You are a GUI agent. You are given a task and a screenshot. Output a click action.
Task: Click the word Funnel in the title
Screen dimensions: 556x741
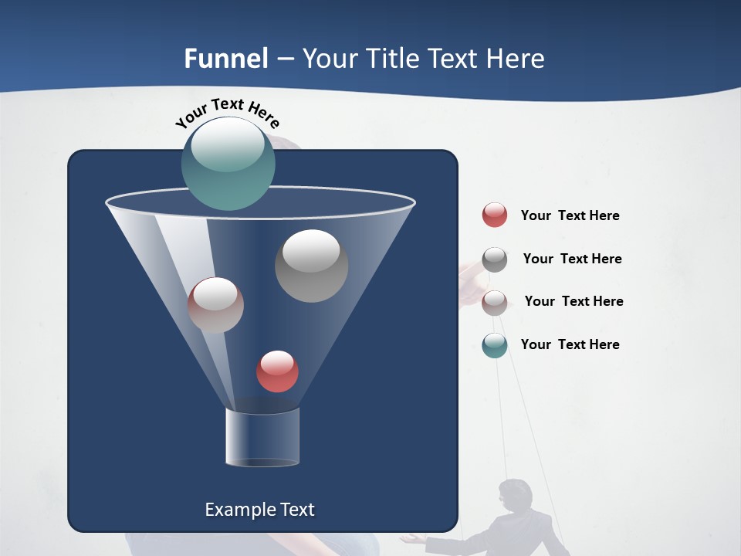226,59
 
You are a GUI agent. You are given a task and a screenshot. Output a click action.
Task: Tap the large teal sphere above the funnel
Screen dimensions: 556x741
228,163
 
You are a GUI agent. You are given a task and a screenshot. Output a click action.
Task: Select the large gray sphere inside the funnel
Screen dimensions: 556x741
311,266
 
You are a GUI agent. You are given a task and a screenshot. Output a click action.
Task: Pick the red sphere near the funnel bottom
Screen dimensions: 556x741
277,371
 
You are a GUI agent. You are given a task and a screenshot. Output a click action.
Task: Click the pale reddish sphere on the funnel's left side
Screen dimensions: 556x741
215,305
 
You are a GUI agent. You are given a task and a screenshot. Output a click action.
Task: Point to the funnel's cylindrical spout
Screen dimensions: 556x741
262,437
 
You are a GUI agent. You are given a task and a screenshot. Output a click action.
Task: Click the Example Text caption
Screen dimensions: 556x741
259,510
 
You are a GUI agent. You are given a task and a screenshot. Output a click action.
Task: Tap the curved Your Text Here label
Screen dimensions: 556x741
228,113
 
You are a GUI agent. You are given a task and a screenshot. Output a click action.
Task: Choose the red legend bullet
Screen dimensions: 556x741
495,215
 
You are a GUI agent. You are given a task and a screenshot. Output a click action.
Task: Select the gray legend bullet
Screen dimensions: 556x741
495,259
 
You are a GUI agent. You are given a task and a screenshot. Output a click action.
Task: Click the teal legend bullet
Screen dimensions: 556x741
495,345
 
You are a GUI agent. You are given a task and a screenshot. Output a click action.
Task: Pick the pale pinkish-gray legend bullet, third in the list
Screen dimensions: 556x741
495,302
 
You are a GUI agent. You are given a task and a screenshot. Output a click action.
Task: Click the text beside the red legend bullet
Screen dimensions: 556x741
570,215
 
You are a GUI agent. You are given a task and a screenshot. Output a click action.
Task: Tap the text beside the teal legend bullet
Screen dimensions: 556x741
570,344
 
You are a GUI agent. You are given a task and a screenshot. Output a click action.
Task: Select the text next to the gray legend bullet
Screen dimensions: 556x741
572,259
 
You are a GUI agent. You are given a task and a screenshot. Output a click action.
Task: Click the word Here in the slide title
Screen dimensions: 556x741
515,59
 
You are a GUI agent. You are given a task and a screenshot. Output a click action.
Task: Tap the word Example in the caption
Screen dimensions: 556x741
239,510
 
